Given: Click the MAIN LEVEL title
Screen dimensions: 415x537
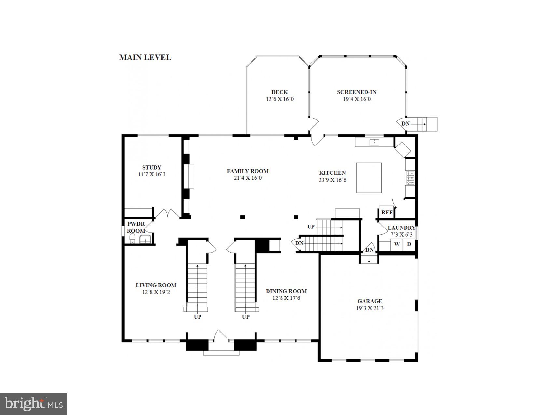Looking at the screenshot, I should coord(145,57).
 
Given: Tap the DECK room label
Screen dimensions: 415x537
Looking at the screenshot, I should coord(280,92).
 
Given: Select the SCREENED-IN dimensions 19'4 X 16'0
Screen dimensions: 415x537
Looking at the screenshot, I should coord(357,99).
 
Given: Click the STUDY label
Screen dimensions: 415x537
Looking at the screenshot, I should coord(152,168).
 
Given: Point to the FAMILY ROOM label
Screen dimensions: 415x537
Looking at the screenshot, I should coord(248,171).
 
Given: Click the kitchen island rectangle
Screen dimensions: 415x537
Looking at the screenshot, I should coord(369,178).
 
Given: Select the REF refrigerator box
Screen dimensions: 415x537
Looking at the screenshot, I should coord(387,213).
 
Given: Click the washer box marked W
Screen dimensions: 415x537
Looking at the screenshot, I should coord(397,244).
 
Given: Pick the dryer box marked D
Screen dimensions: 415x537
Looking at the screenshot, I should coord(409,244).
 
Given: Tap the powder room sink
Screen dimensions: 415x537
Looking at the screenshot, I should coord(145,240).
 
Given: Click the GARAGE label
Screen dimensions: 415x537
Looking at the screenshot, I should coord(370,301).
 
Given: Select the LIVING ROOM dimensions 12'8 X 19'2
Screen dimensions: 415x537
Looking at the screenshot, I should coord(156,292).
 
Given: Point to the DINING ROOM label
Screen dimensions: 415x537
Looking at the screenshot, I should coord(286,291).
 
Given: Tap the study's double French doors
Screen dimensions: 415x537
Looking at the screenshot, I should coord(167,213).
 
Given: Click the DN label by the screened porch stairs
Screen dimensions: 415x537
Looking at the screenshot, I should coord(405,124).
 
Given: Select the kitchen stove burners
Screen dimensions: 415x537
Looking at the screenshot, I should coord(410,178).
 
